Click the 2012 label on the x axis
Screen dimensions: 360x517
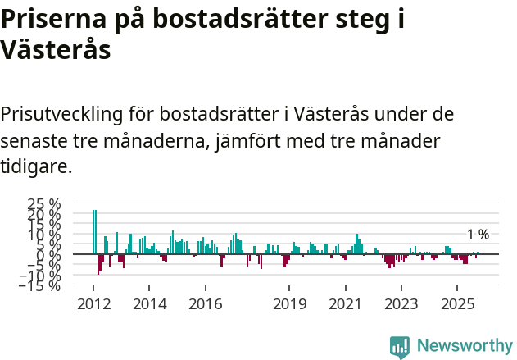coord(93,304)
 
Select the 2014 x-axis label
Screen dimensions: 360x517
coord(148,304)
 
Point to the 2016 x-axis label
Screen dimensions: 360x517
coord(205,304)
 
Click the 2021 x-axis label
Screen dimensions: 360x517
coord(345,304)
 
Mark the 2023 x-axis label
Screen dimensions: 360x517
coord(401,304)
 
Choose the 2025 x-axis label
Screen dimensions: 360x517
coord(456,304)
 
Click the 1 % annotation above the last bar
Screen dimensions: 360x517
coord(478,235)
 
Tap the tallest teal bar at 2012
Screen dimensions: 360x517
coord(94,232)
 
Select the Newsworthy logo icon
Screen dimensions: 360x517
coord(400,346)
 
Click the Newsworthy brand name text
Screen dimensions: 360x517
coord(464,346)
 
